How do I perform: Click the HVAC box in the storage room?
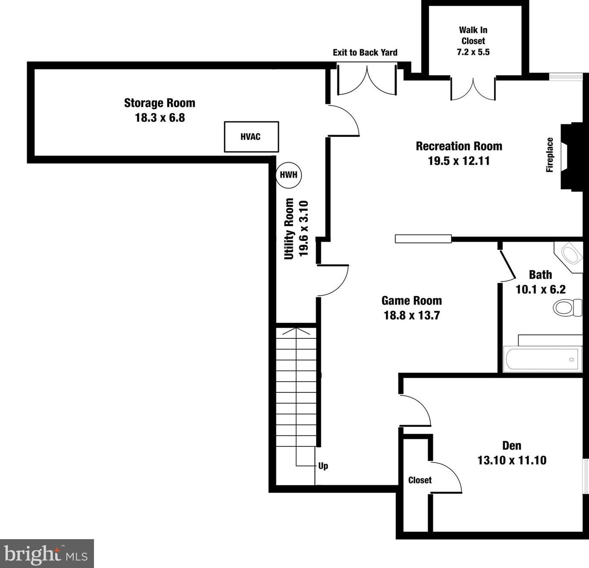coord(251,137)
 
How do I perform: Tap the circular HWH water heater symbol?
coord(289,175)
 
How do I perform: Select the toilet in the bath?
coord(567,308)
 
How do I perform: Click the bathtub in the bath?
coord(542,359)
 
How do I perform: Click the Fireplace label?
coord(550,155)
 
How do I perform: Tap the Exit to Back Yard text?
coord(365,52)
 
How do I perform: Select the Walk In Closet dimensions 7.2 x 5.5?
coord(473,52)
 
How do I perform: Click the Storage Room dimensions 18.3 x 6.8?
coord(160,117)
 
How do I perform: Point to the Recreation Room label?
coord(459,146)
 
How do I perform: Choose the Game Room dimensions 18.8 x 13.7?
coord(412,316)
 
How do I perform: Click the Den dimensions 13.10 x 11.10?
coord(512,461)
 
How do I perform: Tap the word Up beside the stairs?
coord(323,466)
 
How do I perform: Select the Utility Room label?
coord(289,229)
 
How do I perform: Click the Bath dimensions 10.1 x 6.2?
coord(541,289)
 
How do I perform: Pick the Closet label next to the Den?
coord(420,480)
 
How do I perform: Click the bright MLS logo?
coord(47,554)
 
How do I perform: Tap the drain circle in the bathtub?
coord(571,360)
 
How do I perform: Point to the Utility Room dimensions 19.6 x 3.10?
coord(304,229)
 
